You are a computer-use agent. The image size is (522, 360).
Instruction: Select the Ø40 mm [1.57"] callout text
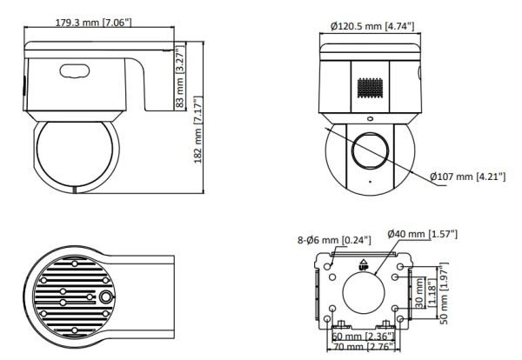[x=422, y=234]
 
